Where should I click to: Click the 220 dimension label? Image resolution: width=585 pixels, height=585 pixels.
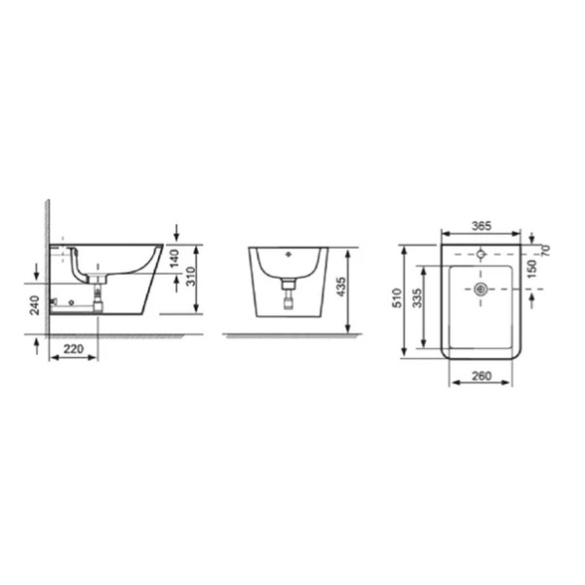[x=73, y=349]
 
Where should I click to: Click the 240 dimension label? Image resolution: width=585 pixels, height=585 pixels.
[x=35, y=305]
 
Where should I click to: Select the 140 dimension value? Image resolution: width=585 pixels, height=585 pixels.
[x=175, y=258]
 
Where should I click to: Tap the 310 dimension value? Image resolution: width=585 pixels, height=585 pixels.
[x=191, y=277]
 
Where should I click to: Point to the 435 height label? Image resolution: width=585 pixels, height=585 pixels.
[x=341, y=287]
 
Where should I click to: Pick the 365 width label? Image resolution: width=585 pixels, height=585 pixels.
[x=482, y=226]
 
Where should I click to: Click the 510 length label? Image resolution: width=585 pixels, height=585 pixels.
[x=398, y=297]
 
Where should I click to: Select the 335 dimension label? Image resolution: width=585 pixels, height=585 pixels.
[x=417, y=297]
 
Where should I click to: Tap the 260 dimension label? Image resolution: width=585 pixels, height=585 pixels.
[x=482, y=375]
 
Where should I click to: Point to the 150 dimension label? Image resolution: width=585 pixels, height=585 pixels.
[x=532, y=269]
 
